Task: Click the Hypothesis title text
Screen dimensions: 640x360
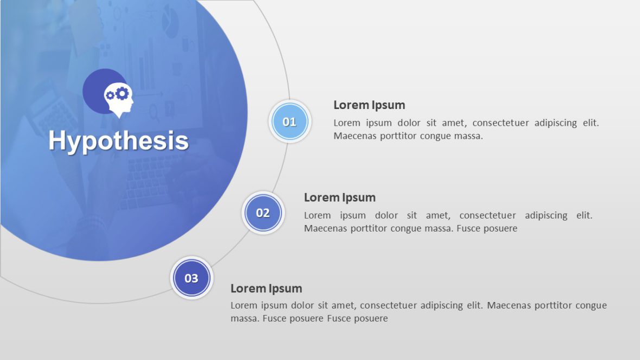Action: (118, 141)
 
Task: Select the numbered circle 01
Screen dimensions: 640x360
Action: (290, 121)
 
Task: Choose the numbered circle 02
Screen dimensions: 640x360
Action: (263, 213)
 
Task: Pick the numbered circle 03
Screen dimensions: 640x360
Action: (191, 278)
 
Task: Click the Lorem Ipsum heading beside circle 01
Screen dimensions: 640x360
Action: (369, 105)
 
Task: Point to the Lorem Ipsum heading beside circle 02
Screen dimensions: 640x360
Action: (340, 197)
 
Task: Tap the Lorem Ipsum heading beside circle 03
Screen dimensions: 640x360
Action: (266, 288)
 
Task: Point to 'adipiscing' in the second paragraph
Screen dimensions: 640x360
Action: (546, 215)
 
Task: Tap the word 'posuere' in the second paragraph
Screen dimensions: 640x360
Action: (502, 229)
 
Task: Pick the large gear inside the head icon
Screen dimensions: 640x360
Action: (122, 93)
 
